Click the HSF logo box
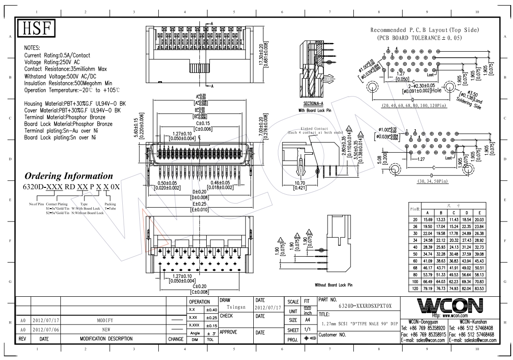[x=36, y=29]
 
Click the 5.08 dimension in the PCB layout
[x=379, y=162]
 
